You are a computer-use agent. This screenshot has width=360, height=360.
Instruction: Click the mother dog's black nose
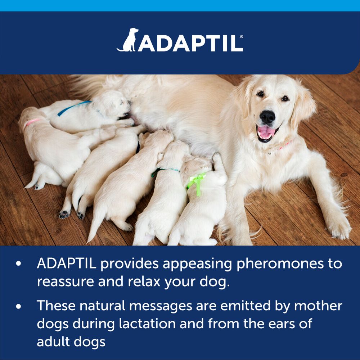click(x=268, y=117)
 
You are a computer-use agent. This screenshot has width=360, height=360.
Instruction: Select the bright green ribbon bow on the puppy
click(x=197, y=180)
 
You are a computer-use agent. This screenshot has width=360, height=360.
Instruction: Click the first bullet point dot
click(x=19, y=264)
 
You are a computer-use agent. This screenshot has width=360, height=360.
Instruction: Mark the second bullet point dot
click(x=19, y=306)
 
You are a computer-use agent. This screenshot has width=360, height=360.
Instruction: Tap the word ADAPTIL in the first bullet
click(x=66, y=264)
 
